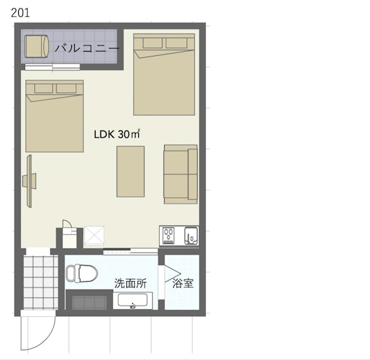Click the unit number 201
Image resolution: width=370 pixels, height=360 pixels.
(20, 13)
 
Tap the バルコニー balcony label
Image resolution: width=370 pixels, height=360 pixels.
(87, 48)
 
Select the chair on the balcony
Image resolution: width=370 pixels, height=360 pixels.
(36, 47)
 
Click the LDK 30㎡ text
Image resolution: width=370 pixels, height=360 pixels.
(117, 134)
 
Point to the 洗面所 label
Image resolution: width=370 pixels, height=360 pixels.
(131, 283)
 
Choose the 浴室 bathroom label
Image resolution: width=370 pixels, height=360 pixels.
(183, 283)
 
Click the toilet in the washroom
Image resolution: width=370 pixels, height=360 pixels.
(82, 273)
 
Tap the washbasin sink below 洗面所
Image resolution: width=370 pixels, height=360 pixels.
(133, 301)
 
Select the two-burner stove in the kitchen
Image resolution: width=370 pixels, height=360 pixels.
(169, 236)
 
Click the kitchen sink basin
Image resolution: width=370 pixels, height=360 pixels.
(191, 236)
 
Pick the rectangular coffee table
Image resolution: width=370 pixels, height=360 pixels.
(131, 172)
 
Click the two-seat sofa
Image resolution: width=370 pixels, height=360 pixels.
(181, 174)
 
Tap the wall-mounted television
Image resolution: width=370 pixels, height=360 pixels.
(29, 181)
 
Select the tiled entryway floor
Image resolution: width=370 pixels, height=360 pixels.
(40, 283)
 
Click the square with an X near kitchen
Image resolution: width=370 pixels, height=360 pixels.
(94, 236)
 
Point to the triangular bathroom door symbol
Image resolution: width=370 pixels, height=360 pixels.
(172, 273)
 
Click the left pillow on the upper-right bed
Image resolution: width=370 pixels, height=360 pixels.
(153, 43)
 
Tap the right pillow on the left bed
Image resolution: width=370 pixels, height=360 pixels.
(66, 88)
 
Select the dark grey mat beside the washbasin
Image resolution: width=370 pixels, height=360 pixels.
(89, 302)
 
